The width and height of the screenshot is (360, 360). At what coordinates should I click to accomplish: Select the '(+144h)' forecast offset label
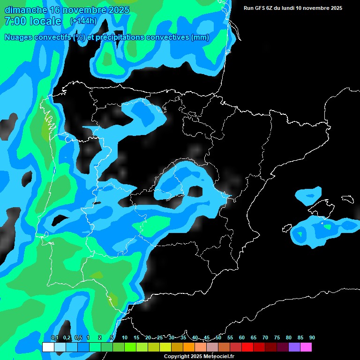[83, 21]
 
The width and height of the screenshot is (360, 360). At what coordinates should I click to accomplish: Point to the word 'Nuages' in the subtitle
[18, 37]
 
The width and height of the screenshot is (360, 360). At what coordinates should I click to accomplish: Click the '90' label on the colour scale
[312, 337]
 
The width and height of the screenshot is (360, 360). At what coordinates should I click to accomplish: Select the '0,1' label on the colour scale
[54, 337]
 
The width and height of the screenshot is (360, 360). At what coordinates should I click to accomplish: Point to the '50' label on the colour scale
[218, 337]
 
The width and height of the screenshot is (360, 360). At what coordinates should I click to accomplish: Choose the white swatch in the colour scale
[48, 347]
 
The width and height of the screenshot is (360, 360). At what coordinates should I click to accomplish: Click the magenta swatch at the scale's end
[306, 347]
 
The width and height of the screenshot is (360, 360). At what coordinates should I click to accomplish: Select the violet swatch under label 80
[294, 347]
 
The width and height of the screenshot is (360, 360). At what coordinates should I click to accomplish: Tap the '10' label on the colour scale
[125, 337]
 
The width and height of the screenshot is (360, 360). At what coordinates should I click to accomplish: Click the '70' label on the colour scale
[265, 337]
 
